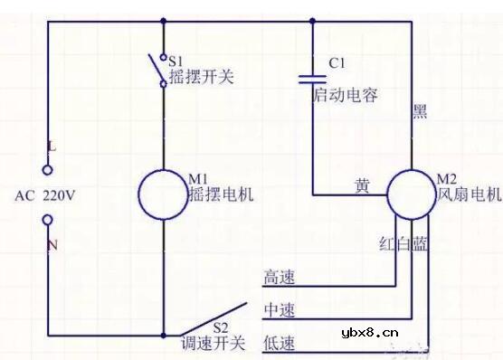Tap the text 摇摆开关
point(201,77)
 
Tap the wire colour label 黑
point(420,112)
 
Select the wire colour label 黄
point(362,186)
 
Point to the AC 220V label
point(45,194)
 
